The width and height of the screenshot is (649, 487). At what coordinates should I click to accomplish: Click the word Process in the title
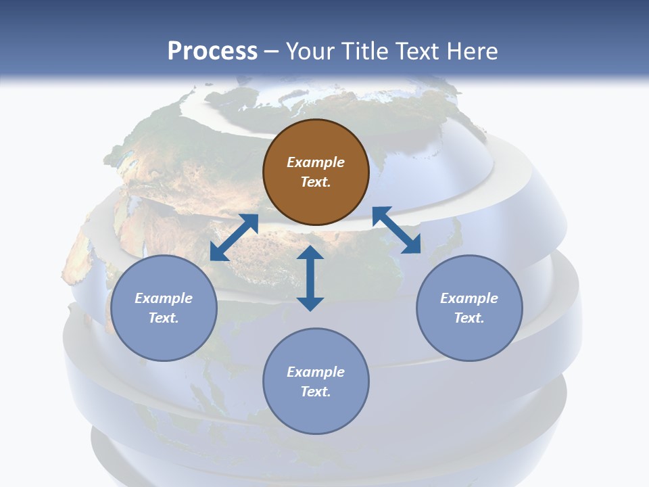point(212,51)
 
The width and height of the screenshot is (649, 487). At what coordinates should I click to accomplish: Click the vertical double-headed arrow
point(310,279)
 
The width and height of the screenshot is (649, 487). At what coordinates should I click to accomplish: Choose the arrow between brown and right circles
point(397,230)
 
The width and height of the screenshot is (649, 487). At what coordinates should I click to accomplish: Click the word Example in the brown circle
point(316,162)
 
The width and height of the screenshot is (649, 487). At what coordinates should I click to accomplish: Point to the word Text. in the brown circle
point(316,182)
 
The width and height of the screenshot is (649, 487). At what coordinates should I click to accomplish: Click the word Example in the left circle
point(164,298)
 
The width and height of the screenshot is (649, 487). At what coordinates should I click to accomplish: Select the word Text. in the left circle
point(164,318)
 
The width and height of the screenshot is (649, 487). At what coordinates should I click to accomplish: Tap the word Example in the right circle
point(469,298)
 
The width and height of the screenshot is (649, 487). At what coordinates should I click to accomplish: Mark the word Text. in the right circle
point(469,318)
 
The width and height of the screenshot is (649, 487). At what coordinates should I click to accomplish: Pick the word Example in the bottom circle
point(316,372)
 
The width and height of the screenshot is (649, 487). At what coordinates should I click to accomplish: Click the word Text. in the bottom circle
point(316,392)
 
